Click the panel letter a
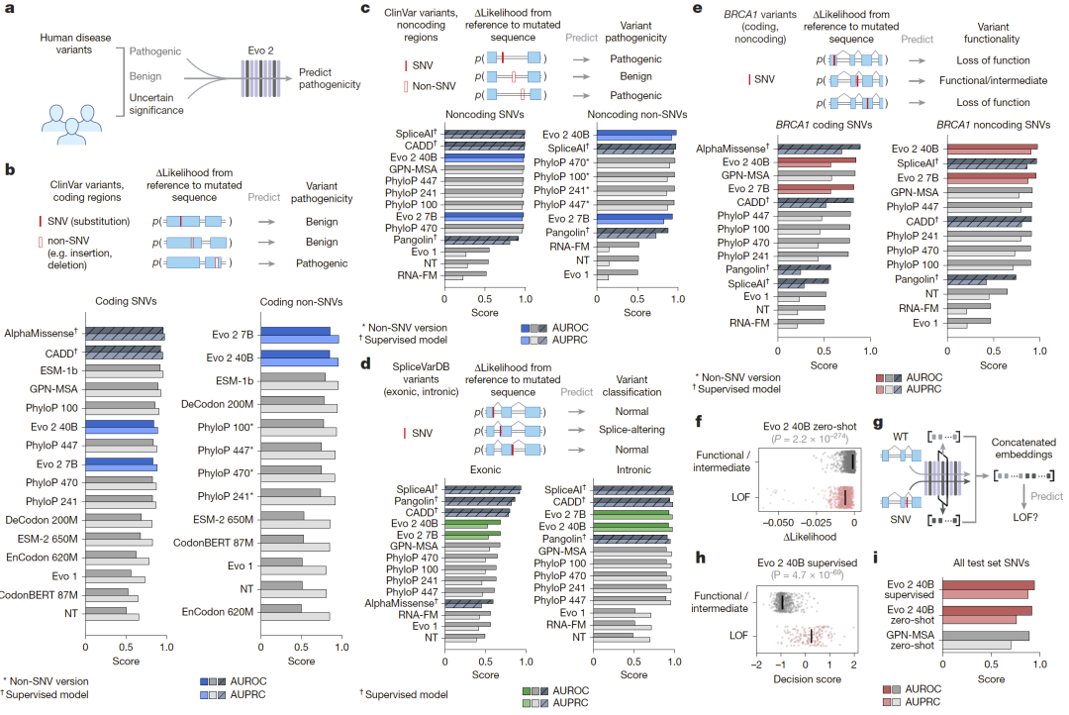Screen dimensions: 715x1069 10,12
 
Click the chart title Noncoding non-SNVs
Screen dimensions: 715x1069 612,114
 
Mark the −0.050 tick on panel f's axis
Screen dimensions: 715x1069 777,519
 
